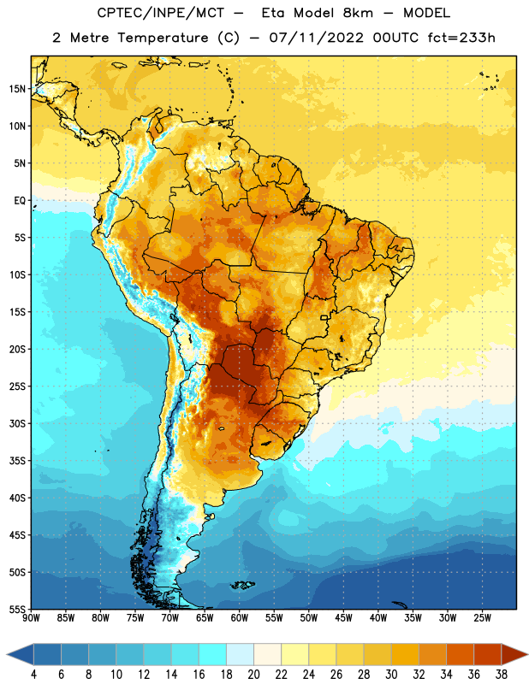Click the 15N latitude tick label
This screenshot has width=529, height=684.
pyautogui.click(x=17, y=89)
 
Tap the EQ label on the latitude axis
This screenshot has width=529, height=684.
pyautogui.click(x=20, y=201)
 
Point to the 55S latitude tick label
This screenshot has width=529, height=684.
pyautogui.click(x=17, y=609)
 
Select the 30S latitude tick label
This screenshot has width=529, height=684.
pyautogui.click(x=17, y=423)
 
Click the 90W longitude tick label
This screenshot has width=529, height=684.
pyautogui.click(x=31, y=618)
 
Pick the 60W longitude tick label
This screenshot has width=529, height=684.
pyautogui.click(x=240, y=618)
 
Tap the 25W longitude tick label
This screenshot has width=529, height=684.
pyautogui.click(x=482, y=618)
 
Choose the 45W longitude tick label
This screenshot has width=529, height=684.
pyautogui.click(x=343, y=618)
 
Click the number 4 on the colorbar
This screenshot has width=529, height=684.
pyautogui.click(x=33, y=675)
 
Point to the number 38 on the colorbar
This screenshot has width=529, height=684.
pyautogui.click(x=502, y=675)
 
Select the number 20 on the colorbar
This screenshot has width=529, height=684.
pyautogui.click(x=253, y=675)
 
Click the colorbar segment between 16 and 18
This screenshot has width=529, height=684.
pyautogui.click(x=212, y=655)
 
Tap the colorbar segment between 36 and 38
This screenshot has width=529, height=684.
pyautogui.click(x=488, y=655)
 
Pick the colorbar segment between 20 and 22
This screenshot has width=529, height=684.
pyautogui.click(x=267, y=655)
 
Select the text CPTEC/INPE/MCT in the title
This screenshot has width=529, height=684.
pyautogui.click(x=161, y=14)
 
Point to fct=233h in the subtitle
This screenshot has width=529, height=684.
pyautogui.click(x=461, y=38)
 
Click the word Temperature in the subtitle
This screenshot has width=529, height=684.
pyautogui.click(x=163, y=38)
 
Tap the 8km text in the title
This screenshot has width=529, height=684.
pyautogui.click(x=358, y=13)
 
